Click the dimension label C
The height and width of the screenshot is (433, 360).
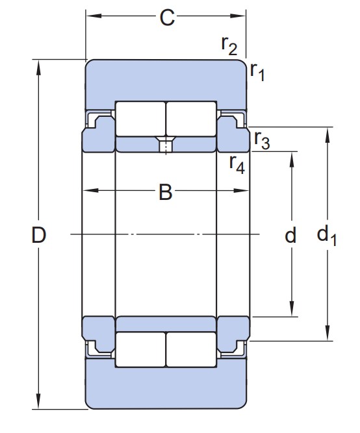(167, 18)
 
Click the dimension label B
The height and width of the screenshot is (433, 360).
(165, 192)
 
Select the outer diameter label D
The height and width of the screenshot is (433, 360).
(39, 235)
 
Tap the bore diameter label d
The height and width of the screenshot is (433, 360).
(290, 235)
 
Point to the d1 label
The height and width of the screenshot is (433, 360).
(327, 235)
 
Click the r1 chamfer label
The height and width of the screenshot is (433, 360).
(257, 71)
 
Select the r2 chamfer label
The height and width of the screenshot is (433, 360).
(229, 45)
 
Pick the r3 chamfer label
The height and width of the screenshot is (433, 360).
(262, 140)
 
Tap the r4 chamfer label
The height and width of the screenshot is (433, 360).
(237, 164)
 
